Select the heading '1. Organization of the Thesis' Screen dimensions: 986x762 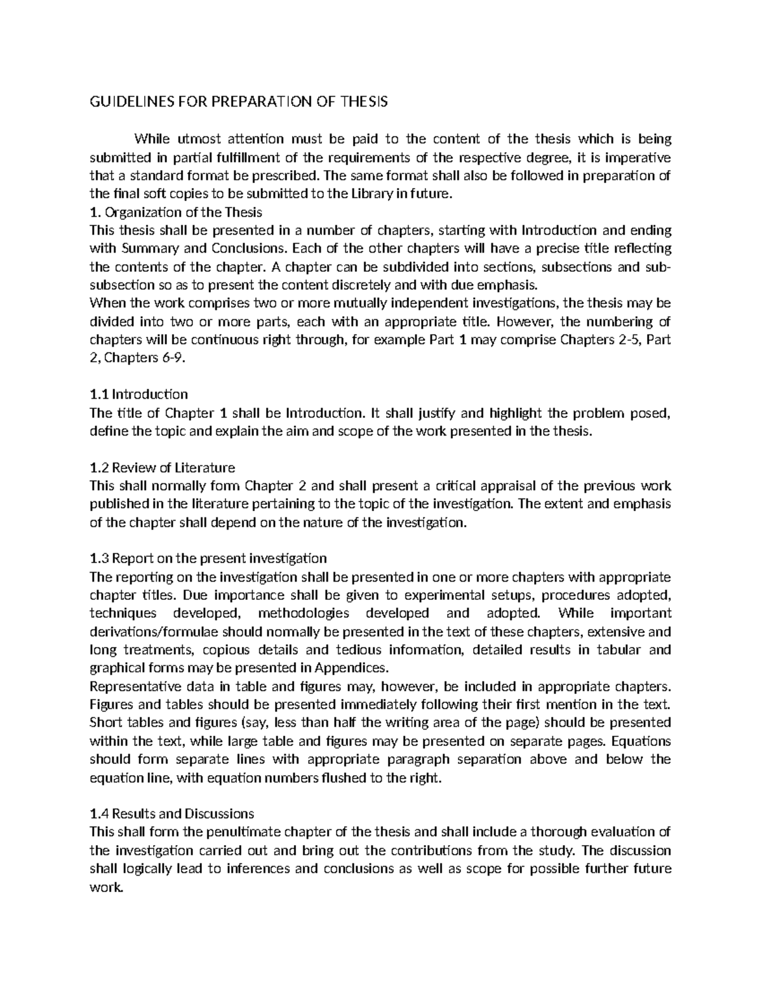[176, 211]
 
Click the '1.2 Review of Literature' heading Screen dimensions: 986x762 [163, 468]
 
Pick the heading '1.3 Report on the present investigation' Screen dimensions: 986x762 [208, 558]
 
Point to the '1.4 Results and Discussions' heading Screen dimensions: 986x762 [172, 813]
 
